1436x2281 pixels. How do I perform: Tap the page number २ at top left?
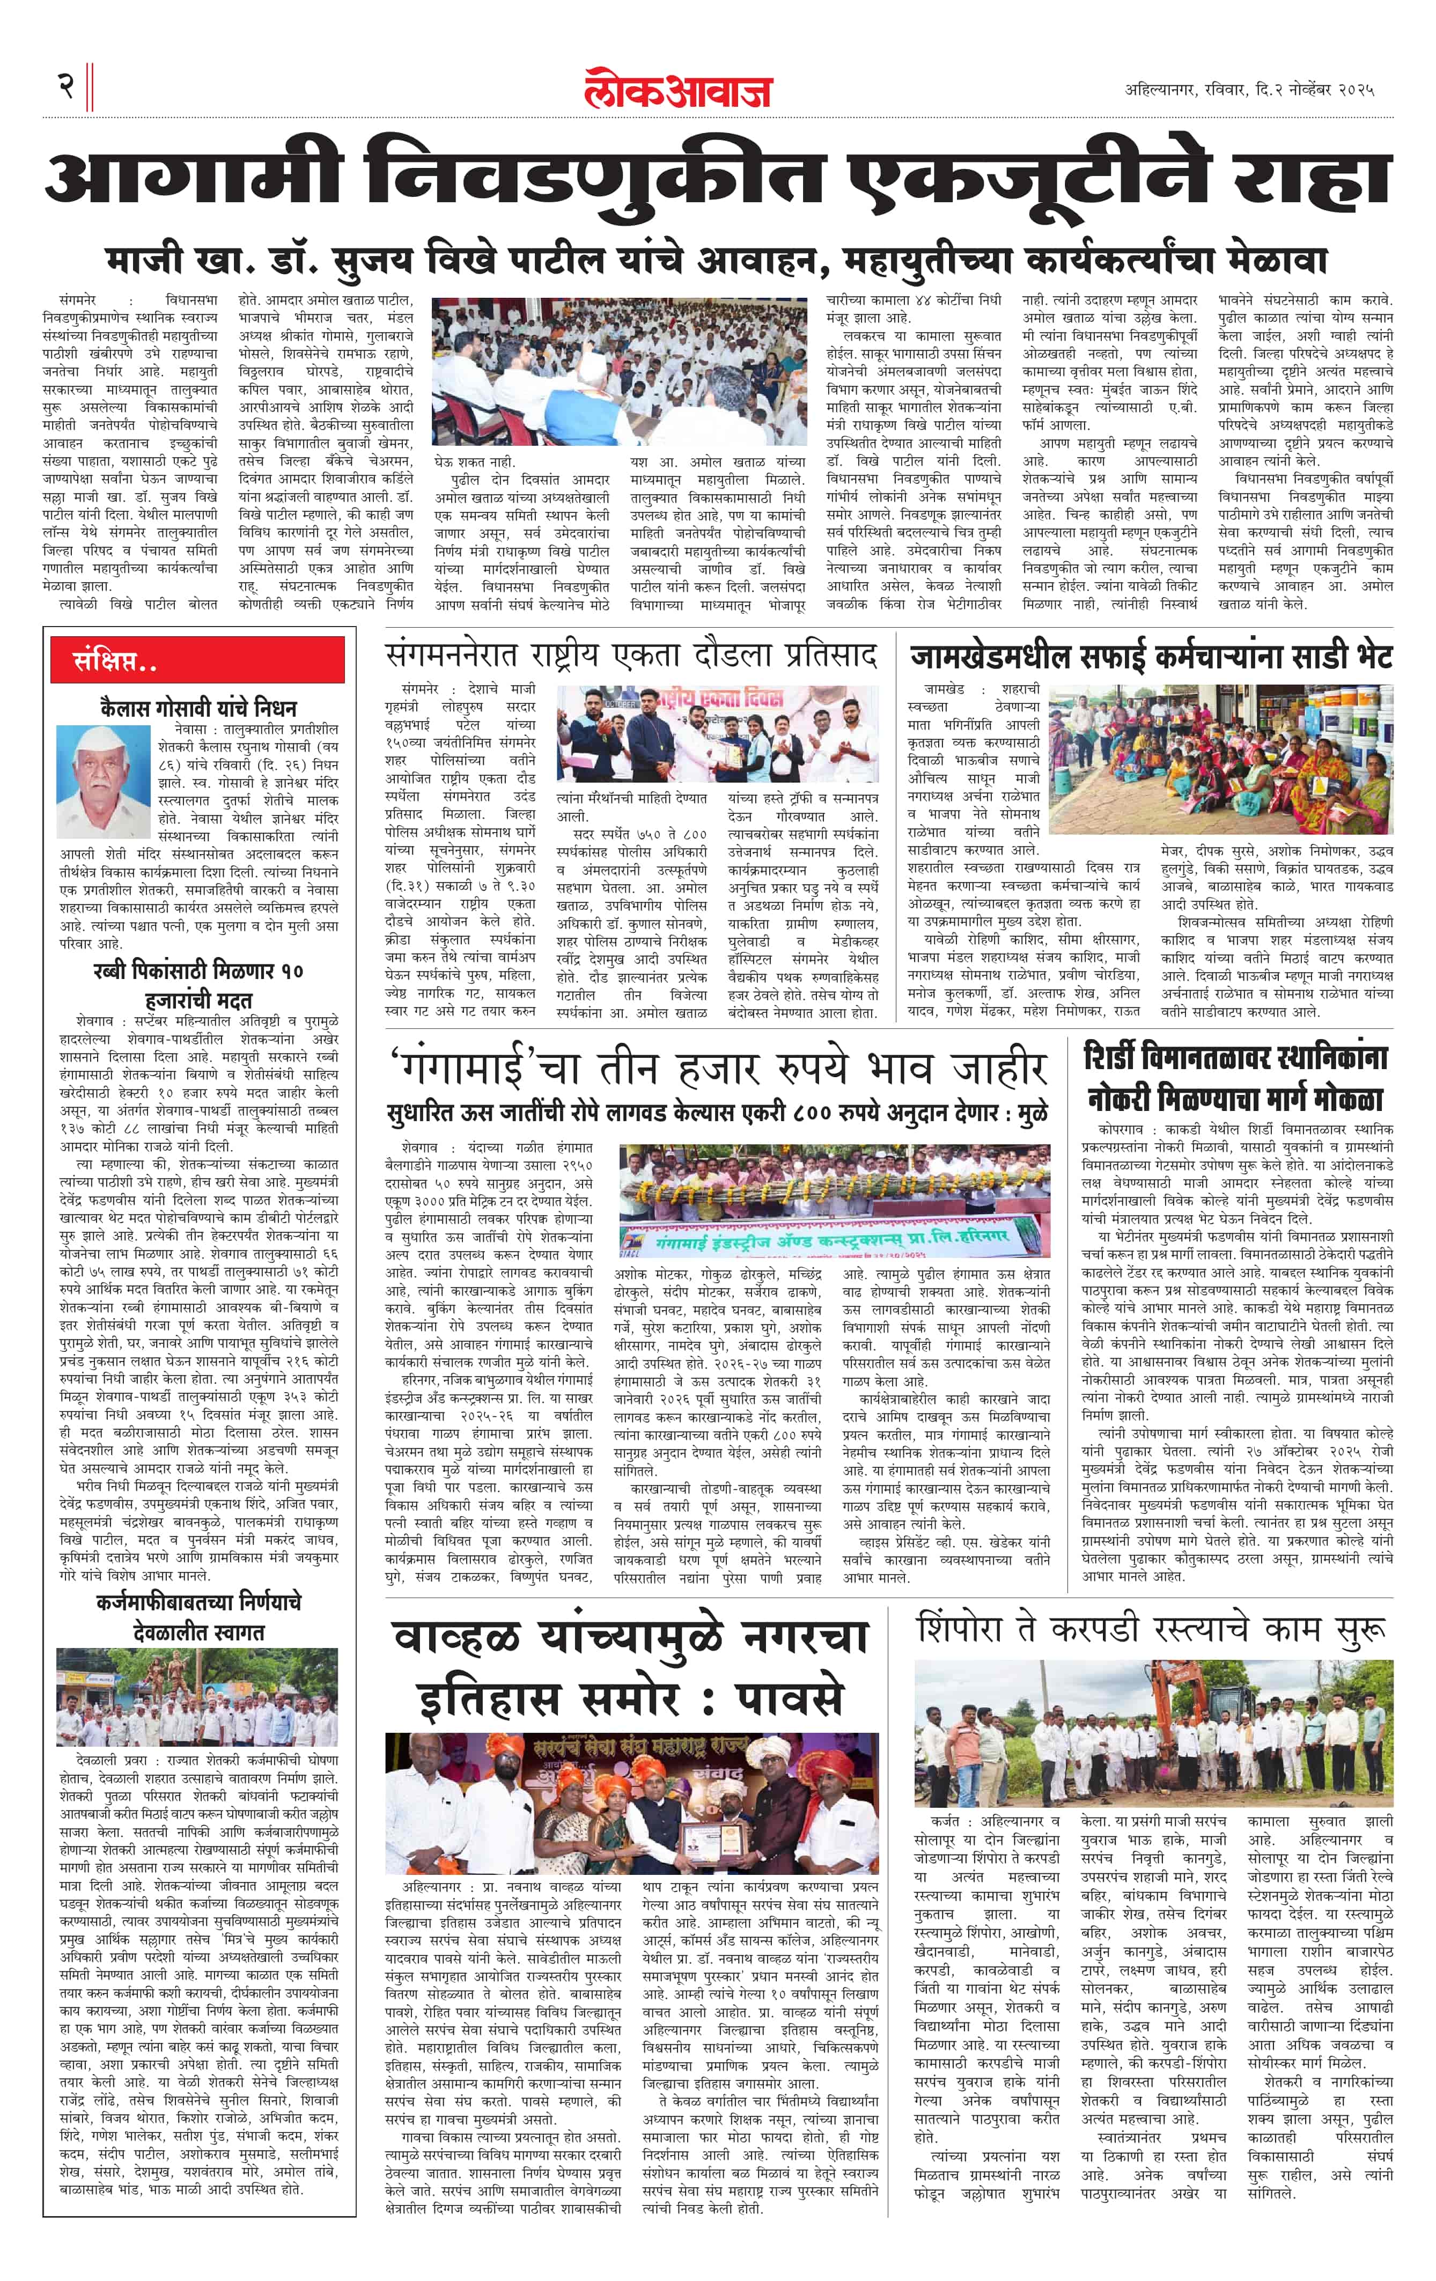coord(64,87)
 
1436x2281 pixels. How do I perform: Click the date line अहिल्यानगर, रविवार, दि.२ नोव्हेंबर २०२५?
coord(1248,90)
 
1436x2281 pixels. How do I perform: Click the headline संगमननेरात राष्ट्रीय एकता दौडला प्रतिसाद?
coord(631,656)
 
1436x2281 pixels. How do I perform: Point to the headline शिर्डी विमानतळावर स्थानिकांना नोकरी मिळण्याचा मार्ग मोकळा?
coord(1236,1078)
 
